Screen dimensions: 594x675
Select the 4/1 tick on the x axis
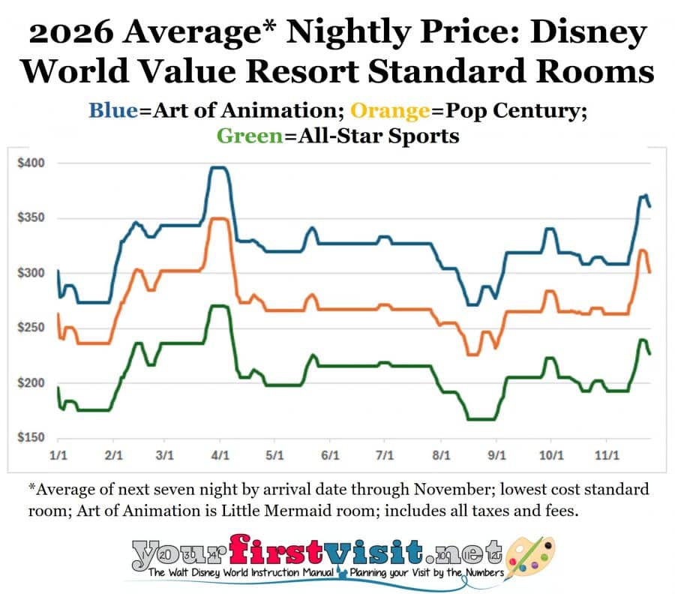click(x=220, y=455)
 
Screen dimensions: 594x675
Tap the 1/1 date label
click(x=58, y=455)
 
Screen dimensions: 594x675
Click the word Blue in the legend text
click(x=112, y=110)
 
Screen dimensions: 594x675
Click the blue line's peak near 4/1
click(x=217, y=168)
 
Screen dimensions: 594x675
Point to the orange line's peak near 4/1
click(x=218, y=219)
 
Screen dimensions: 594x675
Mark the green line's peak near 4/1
click(x=217, y=306)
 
